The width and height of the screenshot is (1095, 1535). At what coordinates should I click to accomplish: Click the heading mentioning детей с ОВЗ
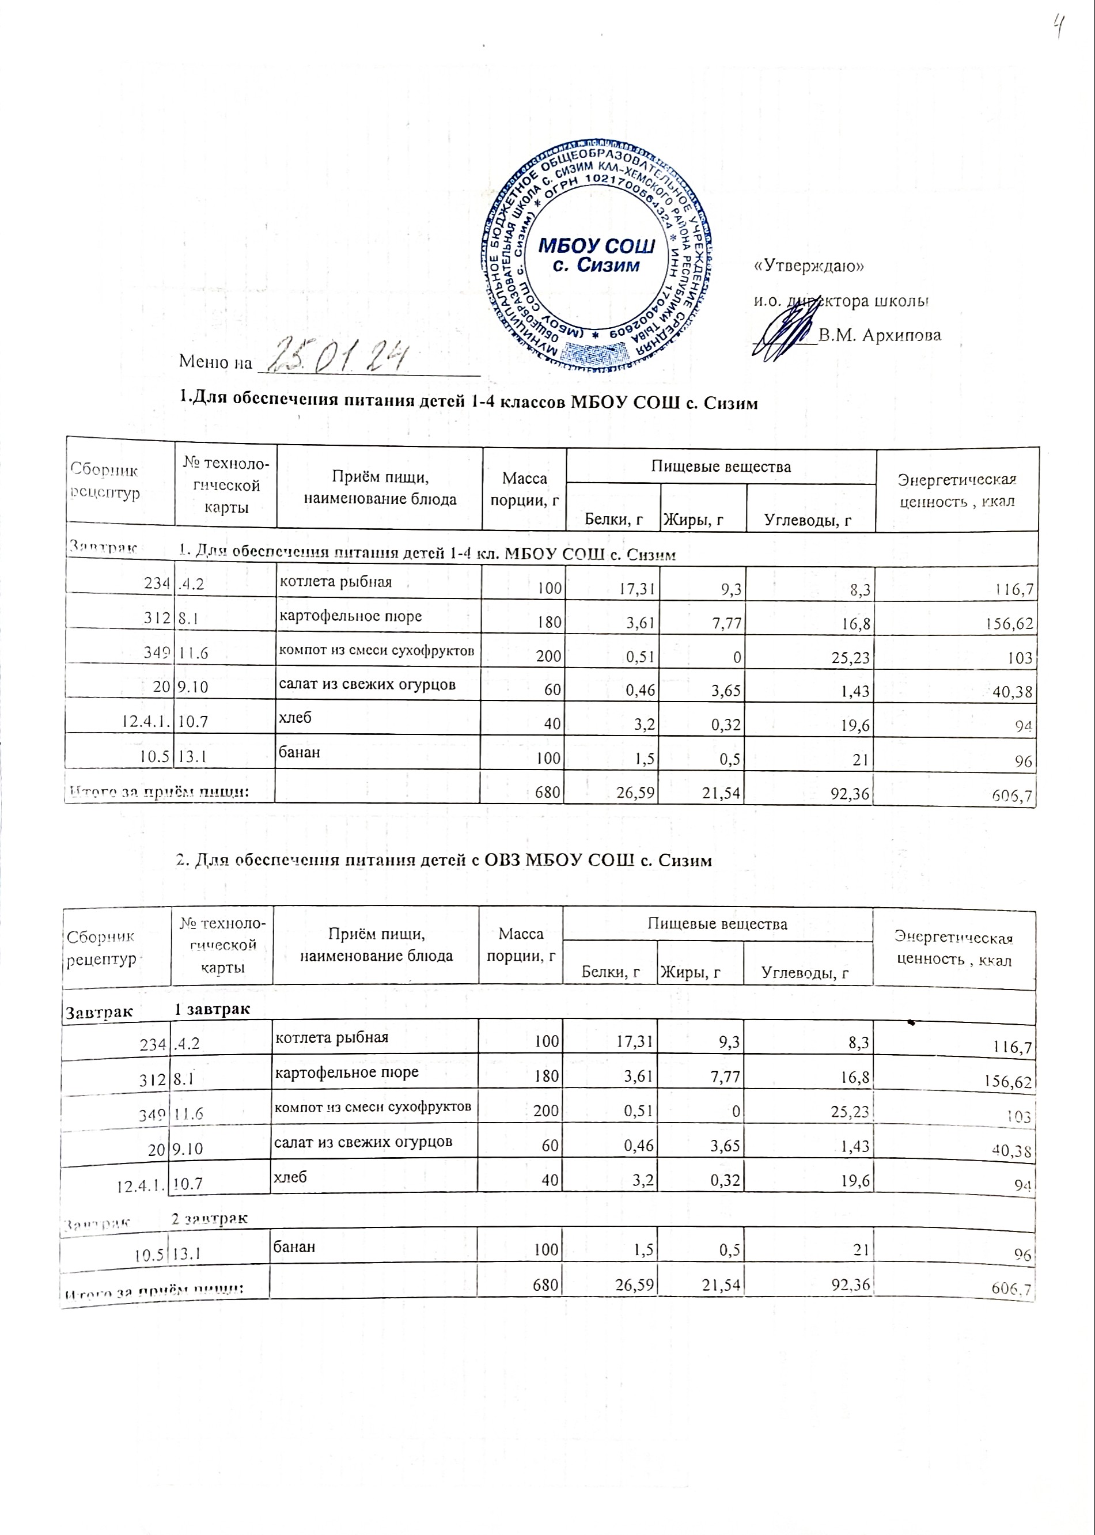point(443,861)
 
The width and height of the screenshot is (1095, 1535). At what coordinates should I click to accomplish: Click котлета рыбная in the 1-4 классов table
point(335,582)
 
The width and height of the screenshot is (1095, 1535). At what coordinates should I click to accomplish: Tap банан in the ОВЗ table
point(293,1246)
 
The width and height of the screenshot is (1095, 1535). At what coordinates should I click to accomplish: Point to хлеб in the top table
point(295,717)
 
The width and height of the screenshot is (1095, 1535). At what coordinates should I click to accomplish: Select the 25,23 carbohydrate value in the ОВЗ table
point(850,1109)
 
